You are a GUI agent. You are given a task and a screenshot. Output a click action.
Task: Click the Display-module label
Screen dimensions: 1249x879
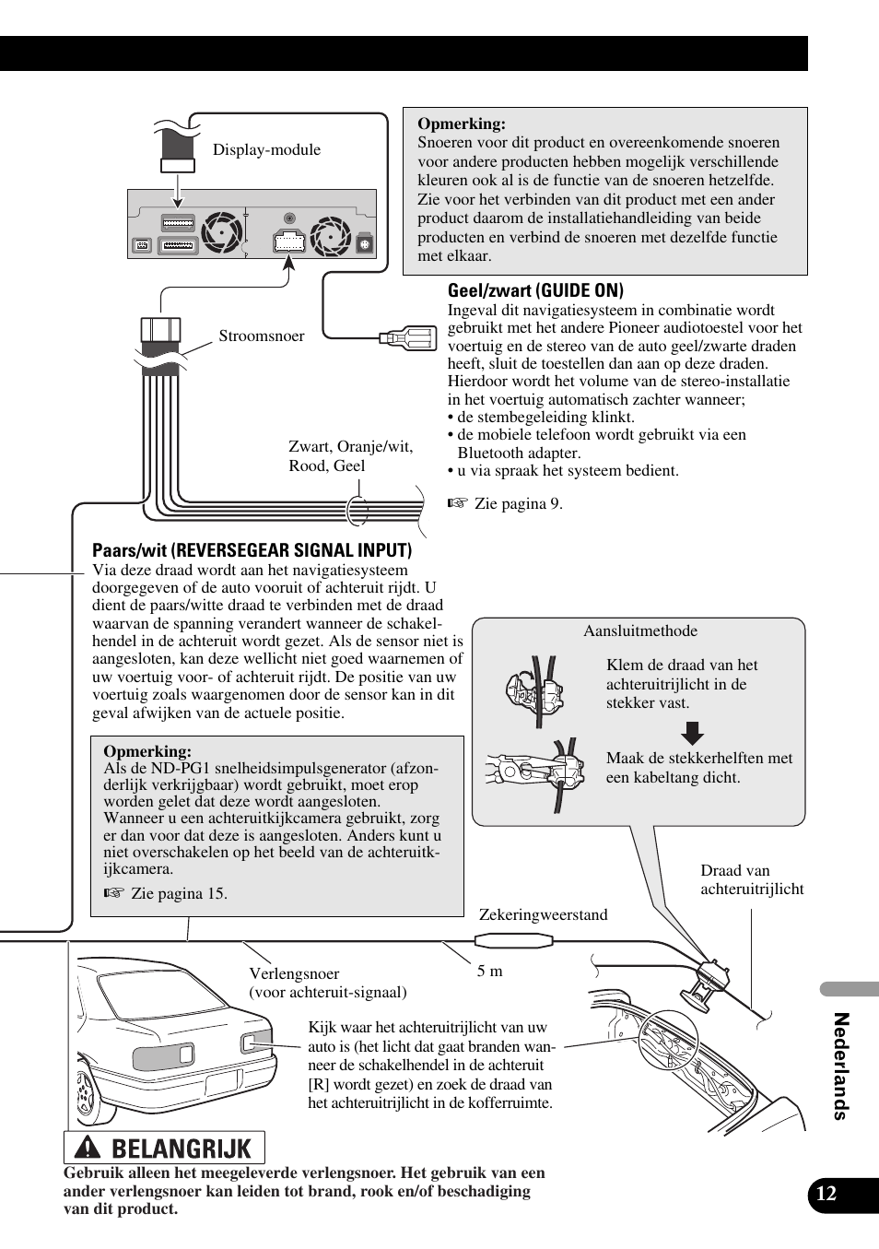tap(266, 149)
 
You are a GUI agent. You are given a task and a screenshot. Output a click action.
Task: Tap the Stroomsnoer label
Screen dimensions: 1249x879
tap(261, 336)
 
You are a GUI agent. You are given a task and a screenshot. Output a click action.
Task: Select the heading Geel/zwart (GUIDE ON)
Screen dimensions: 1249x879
tap(535, 290)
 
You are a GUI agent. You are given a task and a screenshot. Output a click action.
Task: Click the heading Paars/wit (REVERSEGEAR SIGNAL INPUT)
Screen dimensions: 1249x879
tap(252, 550)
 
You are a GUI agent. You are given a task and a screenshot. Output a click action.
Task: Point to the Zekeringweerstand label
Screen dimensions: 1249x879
tap(543, 914)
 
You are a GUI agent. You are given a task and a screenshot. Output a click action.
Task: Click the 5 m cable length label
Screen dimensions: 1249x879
tap(489, 971)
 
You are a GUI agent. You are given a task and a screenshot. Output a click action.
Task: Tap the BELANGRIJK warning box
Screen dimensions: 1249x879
tap(164, 1148)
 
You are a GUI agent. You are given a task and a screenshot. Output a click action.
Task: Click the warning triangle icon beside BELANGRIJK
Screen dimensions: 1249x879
tap(88, 1148)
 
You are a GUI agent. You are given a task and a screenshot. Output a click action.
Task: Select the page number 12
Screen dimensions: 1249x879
tap(826, 1194)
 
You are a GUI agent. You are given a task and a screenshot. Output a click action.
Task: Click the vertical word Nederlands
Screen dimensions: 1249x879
tap(839, 1066)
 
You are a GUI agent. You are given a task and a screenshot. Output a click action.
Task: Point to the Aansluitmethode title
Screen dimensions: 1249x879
tap(639, 631)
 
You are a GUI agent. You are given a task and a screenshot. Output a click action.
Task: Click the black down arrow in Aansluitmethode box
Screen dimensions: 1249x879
tap(692, 733)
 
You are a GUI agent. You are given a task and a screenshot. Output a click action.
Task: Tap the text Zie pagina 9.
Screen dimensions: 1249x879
tap(518, 503)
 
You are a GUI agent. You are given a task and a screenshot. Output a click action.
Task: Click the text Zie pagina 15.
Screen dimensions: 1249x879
tap(179, 893)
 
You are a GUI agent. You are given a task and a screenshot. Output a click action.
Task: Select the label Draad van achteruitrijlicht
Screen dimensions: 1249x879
tap(751, 879)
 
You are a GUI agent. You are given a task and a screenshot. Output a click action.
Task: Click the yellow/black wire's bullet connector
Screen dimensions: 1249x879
tap(409, 338)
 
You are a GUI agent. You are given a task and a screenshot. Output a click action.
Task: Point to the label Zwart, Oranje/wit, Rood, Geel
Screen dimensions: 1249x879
tap(350, 456)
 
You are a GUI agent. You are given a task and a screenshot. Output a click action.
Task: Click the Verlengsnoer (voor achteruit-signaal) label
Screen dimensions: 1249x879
tap(327, 983)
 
